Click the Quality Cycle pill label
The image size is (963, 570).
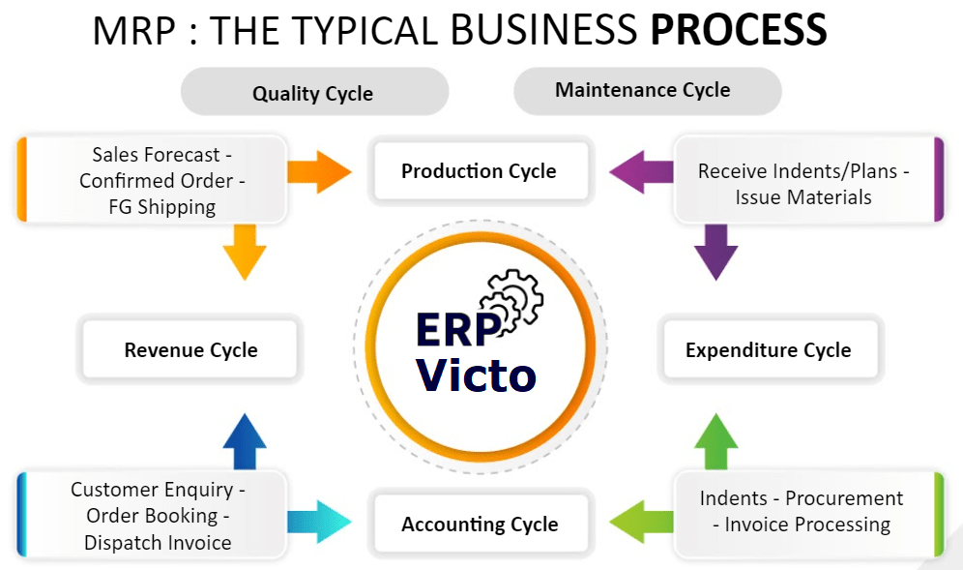click(x=313, y=94)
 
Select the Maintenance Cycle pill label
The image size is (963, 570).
click(x=643, y=91)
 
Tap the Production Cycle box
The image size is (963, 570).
click(x=480, y=172)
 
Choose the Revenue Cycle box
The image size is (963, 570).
click(x=190, y=350)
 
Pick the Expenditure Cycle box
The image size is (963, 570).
click(x=769, y=350)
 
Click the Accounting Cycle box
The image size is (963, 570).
click(x=480, y=525)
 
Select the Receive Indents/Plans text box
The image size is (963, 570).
click(x=803, y=184)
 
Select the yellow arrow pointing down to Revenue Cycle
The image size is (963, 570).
click(x=244, y=253)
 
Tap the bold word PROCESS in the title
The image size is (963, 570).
click(x=739, y=30)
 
